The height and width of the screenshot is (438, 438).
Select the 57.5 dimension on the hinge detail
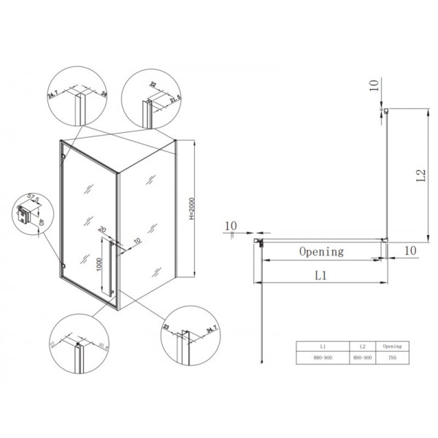[32, 198]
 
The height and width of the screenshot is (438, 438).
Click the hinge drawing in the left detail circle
[27, 215]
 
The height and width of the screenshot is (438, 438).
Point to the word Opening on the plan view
[321, 251]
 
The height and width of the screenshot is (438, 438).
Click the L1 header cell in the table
[323, 347]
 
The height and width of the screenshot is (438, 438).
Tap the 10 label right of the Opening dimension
[410, 250]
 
